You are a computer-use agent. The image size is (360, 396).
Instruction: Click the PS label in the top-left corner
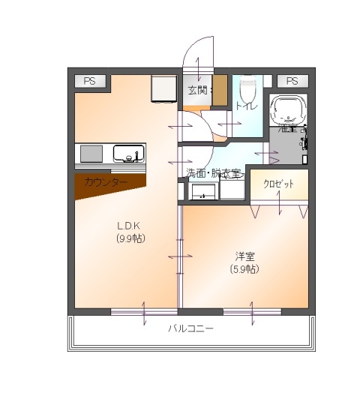pos(89,81)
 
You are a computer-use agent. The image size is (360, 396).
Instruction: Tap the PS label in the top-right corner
pos(292,81)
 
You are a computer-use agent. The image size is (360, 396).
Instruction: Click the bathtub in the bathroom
pos(288,112)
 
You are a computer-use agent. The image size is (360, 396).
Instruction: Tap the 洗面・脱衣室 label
pos(214,173)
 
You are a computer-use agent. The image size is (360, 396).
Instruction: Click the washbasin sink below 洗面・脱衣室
pos(202,192)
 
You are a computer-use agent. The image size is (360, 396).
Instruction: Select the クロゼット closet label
pos(278,184)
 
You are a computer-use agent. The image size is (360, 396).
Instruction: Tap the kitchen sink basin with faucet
pos(129,154)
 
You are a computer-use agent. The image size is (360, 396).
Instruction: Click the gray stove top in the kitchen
pos(91,154)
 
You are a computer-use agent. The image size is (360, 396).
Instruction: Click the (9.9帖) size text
pos(130,238)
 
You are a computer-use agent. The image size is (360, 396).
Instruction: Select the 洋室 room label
pos(244,256)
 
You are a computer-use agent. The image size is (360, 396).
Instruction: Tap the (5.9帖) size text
pos(244,268)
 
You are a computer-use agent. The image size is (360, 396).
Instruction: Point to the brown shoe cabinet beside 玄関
pos(220,90)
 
